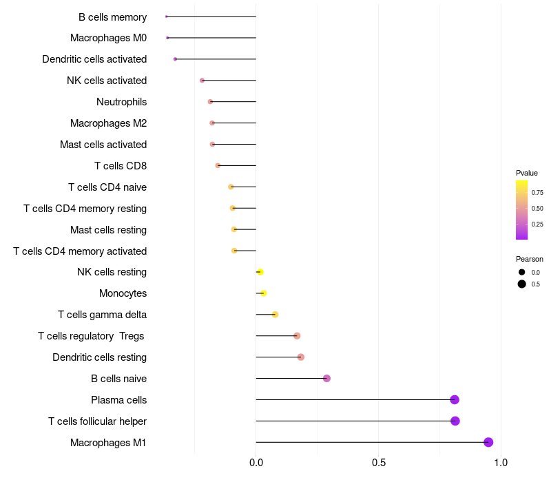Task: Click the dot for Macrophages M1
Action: (488, 442)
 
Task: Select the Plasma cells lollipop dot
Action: (455, 399)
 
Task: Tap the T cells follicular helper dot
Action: (455, 421)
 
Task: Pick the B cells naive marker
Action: (326, 378)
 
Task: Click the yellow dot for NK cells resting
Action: (260, 272)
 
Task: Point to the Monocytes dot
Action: (263, 293)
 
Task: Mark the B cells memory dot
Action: (167, 17)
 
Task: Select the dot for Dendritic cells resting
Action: (301, 357)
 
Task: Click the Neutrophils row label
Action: (121, 102)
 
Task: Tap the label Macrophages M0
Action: (108, 38)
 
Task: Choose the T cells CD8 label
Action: (120, 166)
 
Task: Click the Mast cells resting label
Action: (108, 230)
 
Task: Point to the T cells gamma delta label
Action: (102, 315)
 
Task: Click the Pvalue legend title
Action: (527, 173)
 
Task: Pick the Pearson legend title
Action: (530, 259)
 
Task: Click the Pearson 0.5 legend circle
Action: (522, 284)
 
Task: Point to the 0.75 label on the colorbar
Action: (537, 193)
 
